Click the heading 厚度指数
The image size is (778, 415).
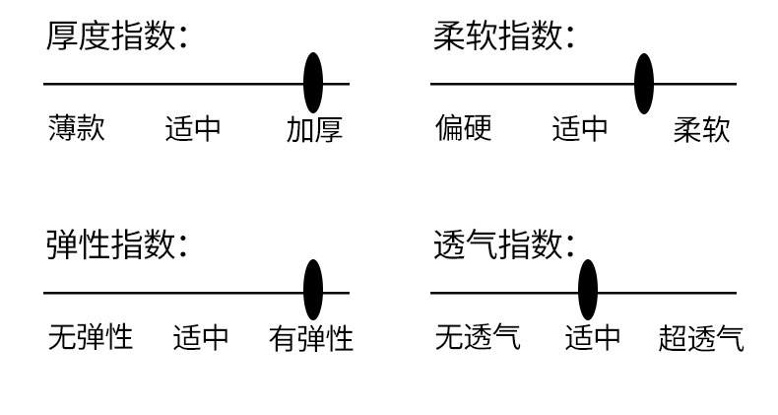pyautogui.click(x=116, y=36)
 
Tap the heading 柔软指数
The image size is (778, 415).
pyautogui.click(x=503, y=36)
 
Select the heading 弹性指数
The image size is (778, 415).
pyautogui.click(x=116, y=243)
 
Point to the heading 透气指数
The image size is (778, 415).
pyautogui.click(x=503, y=243)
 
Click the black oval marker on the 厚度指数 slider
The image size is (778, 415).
pyautogui.click(x=313, y=83)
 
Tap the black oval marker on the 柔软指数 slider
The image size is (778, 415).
pyautogui.click(x=644, y=83)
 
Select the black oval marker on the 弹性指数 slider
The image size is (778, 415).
pyautogui.click(x=313, y=290)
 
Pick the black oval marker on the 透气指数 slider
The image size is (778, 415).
pyautogui.click(x=588, y=290)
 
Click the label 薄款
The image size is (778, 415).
pyautogui.click(x=76, y=128)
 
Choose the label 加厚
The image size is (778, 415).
pyautogui.click(x=314, y=129)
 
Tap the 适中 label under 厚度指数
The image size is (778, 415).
pyautogui.click(x=193, y=129)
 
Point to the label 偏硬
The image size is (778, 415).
pyautogui.click(x=463, y=128)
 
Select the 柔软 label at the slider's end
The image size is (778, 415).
pyautogui.click(x=702, y=129)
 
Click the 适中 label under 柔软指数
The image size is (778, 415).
pyautogui.click(x=580, y=129)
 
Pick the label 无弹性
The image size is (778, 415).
pyautogui.click(x=90, y=337)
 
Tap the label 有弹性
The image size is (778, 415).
pyautogui.click(x=311, y=338)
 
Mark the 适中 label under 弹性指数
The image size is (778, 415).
pyautogui.click(x=201, y=338)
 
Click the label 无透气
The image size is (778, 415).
pyautogui.click(x=478, y=337)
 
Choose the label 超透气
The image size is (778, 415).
pyautogui.click(x=701, y=338)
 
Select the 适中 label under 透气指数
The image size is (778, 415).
pyautogui.click(x=593, y=338)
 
